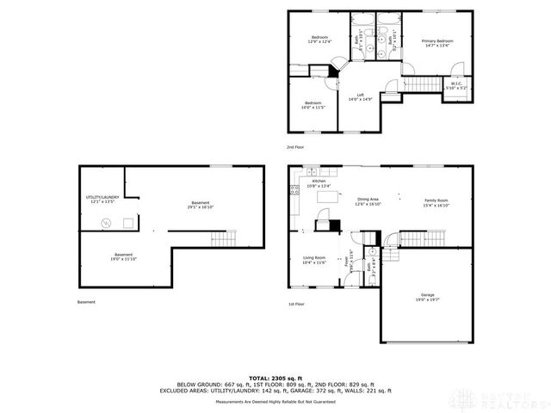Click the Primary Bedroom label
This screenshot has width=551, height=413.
(437, 44)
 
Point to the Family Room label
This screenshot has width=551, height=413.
(436, 203)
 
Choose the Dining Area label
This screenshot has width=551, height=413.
(368, 203)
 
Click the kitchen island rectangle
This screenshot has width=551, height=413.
(328, 198)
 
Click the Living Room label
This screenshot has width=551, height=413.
(314, 260)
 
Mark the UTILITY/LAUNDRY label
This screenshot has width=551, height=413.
(102, 200)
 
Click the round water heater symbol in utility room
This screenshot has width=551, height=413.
(107, 223)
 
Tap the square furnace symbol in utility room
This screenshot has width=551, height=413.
(127, 222)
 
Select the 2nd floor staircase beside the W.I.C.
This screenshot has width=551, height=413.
(422, 83)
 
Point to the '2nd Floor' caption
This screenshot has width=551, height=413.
(296, 147)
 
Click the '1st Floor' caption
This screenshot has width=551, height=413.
(296, 304)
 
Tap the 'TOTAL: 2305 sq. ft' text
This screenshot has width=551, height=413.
(275, 377)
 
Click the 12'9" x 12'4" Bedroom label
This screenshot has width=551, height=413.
(319, 40)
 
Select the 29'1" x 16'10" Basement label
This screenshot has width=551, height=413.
(200, 205)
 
